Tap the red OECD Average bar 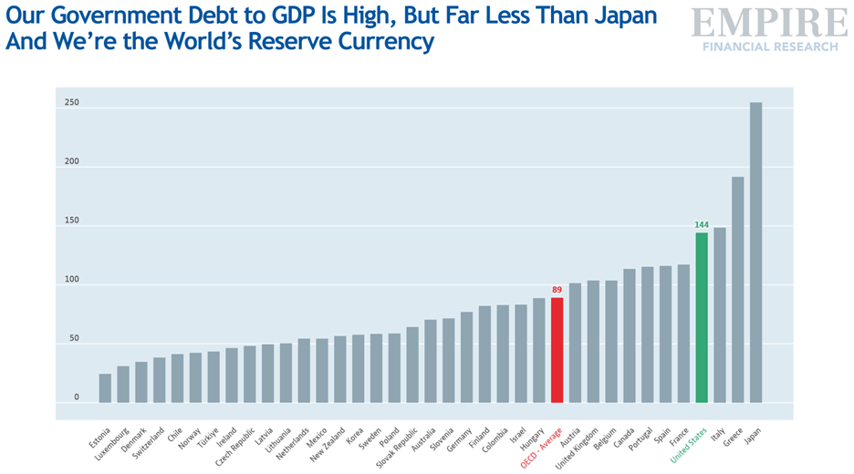pyautogui.click(x=557, y=350)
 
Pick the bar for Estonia pyautogui.click(x=105, y=388)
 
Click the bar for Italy pyautogui.click(x=720, y=314)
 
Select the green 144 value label pyautogui.click(x=702, y=224)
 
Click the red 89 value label pyautogui.click(x=557, y=290)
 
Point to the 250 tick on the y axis pyautogui.click(x=72, y=103)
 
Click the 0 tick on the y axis pyautogui.click(x=77, y=398)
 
